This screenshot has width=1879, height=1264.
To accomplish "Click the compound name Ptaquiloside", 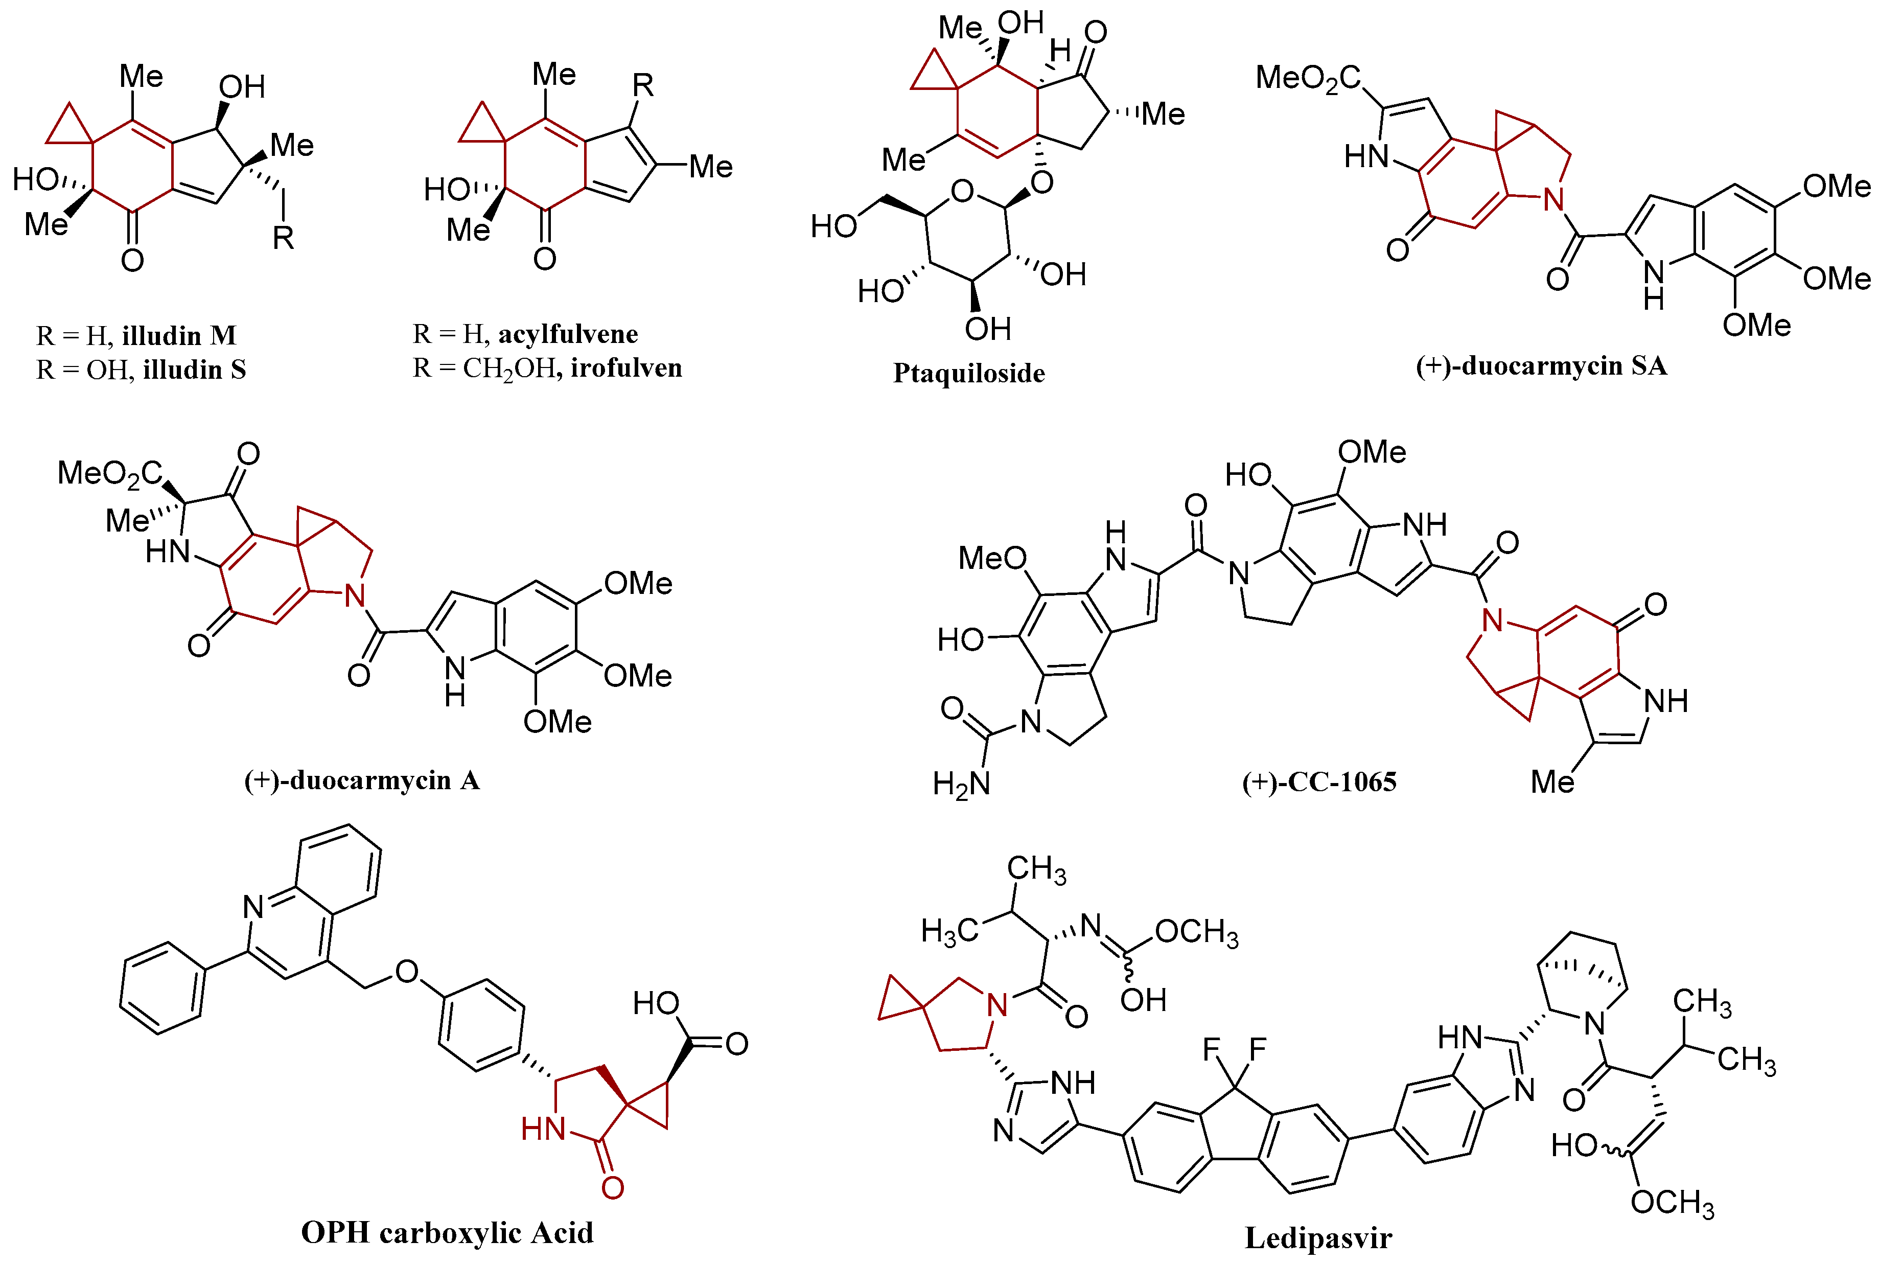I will (x=968, y=373).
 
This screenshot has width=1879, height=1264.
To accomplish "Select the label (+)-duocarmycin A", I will (x=362, y=780).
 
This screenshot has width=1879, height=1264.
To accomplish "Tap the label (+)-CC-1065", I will (x=1319, y=782).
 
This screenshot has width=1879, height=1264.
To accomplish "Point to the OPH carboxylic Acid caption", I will (x=447, y=1232).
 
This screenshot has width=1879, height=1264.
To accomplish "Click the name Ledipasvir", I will (x=1318, y=1237).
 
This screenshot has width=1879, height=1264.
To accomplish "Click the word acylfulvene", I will (x=568, y=334).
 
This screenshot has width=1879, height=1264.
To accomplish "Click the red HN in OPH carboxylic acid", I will (x=543, y=1129).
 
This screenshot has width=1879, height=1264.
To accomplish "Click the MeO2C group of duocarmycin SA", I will (x=1308, y=78).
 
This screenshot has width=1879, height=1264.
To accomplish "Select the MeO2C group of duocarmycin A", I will (x=109, y=473).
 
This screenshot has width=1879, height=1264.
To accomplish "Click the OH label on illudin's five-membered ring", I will (x=242, y=87).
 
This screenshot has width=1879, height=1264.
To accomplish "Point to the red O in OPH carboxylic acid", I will (x=612, y=1187).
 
